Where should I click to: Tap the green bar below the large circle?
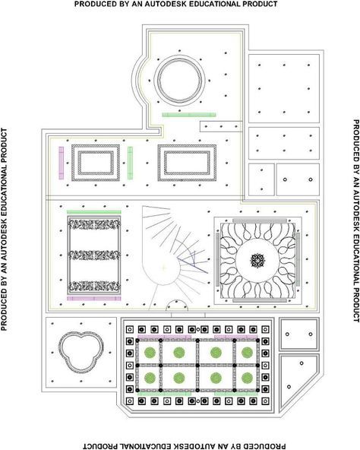(189, 115)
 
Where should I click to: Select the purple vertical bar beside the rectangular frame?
(61, 159)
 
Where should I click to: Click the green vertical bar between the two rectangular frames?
(130, 159)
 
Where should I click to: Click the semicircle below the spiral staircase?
(177, 301)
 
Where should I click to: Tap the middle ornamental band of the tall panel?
(94, 255)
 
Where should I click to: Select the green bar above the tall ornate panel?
(94, 212)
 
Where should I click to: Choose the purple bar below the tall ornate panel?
(94, 299)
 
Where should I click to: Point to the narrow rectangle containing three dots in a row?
(221, 126)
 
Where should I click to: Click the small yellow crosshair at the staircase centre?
(163, 268)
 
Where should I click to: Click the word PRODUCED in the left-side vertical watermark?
(4, 305)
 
